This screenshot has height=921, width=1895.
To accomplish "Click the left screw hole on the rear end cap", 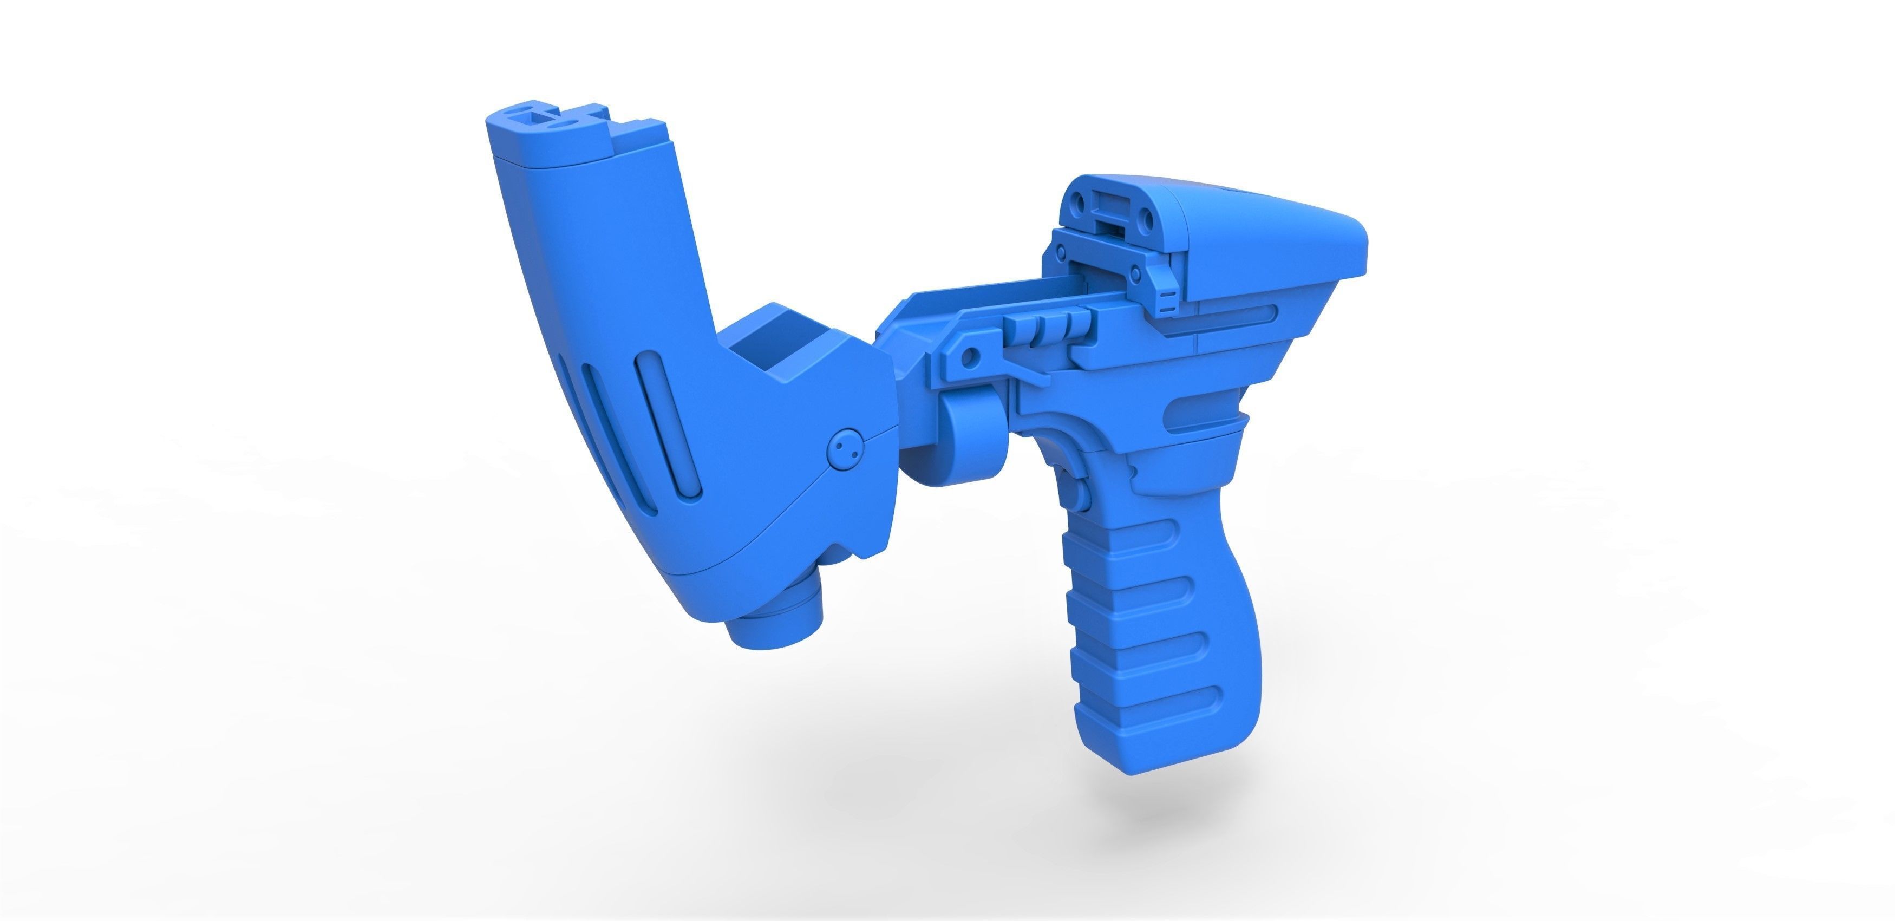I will click(x=1081, y=201).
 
